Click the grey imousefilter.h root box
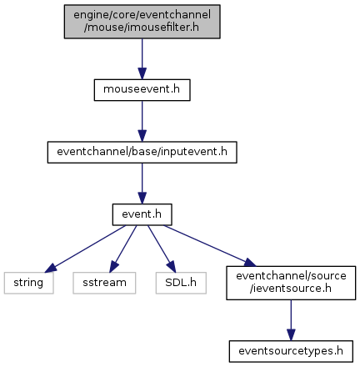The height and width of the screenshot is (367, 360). (142, 22)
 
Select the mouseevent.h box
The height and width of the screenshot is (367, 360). (142, 90)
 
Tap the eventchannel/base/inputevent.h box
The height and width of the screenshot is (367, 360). (142, 153)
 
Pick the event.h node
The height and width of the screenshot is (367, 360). (142, 214)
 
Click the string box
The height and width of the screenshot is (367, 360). (28, 283)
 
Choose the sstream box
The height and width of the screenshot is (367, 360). (104, 283)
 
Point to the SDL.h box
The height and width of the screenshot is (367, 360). (181, 283)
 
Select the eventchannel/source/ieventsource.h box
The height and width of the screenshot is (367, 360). (291, 283)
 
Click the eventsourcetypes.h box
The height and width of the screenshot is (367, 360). (291, 351)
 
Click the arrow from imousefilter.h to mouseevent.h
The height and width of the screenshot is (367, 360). (142, 59)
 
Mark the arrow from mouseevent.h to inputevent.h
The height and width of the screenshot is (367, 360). (142, 121)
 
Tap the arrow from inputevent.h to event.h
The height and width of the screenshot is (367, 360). (142, 183)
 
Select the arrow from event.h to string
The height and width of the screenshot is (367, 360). (85, 249)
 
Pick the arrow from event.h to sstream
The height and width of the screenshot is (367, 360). (122, 249)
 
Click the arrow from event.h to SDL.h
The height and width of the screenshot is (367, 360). (162, 249)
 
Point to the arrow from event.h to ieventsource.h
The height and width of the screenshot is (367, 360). (210, 246)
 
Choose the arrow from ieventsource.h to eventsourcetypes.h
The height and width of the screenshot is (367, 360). (291, 320)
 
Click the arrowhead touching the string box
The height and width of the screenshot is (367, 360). (51, 268)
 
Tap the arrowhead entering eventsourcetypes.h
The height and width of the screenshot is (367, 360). (291, 335)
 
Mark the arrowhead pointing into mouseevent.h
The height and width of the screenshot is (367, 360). (142, 73)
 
